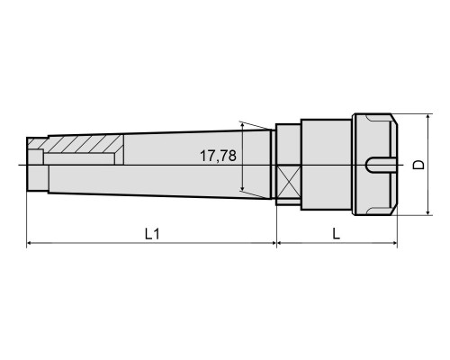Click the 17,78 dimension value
click(218, 156)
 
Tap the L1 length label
click(152, 234)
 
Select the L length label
click(337, 233)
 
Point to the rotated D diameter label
click(418, 165)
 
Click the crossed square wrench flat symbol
click(289, 181)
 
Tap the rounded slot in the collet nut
click(378, 165)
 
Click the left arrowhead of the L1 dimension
click(30, 243)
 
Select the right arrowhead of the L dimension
click(394, 243)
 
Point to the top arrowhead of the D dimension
click(428, 117)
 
